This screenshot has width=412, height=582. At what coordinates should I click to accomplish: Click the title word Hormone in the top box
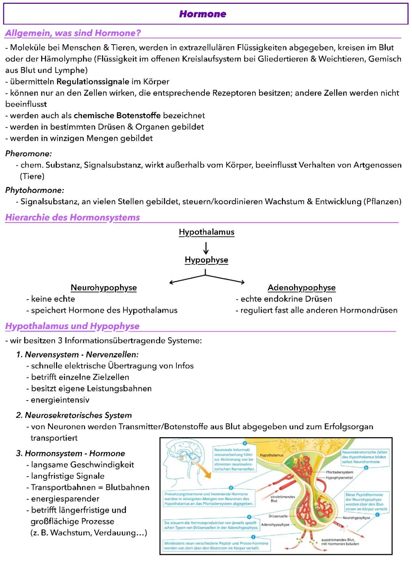pos(203,14)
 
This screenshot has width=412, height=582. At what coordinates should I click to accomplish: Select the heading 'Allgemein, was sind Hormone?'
pos(73,33)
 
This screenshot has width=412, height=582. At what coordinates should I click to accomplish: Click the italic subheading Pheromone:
pos(29,154)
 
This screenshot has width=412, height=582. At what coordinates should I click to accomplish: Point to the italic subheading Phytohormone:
pos(35,190)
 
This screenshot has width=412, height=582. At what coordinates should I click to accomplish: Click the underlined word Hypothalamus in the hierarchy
pos(206,232)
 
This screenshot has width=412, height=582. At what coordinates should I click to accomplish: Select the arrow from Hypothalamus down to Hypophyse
pos(206,248)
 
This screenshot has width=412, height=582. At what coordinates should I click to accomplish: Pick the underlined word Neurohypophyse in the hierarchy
pos(103,288)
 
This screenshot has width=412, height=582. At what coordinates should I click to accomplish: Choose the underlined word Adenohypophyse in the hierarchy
pos(301,288)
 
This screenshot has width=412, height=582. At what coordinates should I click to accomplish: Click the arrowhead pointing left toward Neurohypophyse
pos(172,282)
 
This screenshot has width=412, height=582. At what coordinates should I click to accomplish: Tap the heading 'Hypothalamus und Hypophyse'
pos(72,326)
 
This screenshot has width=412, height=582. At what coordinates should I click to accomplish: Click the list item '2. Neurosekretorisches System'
pos(74,415)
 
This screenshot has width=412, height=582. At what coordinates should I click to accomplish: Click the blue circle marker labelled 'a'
pos(245,443)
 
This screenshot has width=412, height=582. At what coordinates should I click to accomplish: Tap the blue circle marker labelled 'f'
pos(253,537)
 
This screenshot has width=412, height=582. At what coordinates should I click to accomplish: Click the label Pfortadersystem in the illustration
pos(339,472)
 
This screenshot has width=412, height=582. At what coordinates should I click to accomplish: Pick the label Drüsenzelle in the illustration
pos(278,516)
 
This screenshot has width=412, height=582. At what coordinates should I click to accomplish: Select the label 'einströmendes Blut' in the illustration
pos(282,499)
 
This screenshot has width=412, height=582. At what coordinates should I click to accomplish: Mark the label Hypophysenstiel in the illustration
pos(339,478)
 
